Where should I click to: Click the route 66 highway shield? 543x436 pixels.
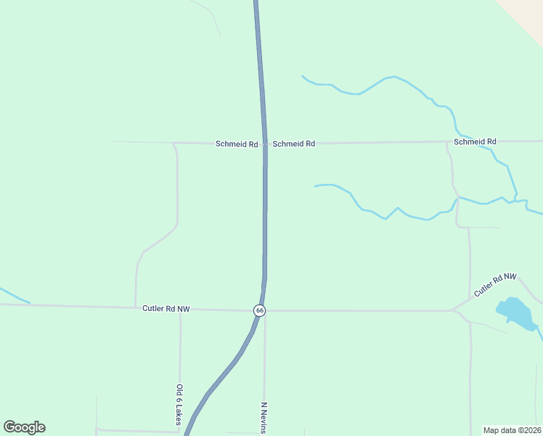pos(260,310)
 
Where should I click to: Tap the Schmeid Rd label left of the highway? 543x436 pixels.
pos(237,144)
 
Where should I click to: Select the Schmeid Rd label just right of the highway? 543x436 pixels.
pos(293,144)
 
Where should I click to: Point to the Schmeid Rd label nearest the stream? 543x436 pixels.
pos(475,142)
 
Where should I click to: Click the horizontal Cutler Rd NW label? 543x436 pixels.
pos(166,309)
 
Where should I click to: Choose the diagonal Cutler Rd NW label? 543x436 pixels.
pos(495,284)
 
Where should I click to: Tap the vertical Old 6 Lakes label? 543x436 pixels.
pos(179,405)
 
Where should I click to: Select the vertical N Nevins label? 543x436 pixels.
pos(265,417)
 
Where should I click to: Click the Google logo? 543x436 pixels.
pos(24,427)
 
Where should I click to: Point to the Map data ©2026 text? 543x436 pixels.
pos(512,430)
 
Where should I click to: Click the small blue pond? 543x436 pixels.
pos(516,312)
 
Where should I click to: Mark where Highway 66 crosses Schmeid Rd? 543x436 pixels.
pos(265,143)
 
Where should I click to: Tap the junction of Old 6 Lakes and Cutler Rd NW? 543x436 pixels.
pos(180,309)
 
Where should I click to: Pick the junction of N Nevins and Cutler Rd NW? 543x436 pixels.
pos(265,311)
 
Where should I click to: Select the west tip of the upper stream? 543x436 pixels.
pos(302,76)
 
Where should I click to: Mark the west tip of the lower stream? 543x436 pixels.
pos(315,187)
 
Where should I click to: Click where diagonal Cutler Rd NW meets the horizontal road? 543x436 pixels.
pos(452,311)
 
